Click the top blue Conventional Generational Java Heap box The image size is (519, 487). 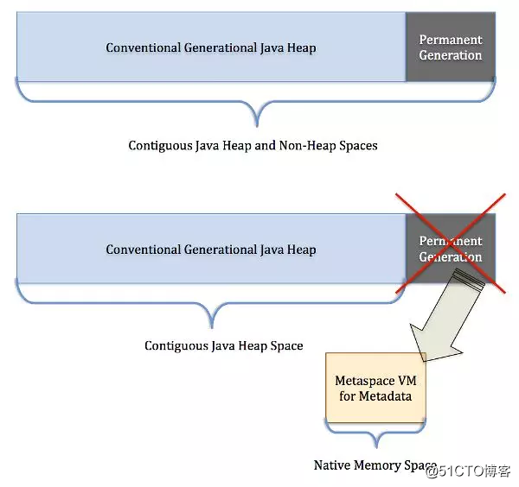tap(211, 47)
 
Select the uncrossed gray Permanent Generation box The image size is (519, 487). tap(450, 47)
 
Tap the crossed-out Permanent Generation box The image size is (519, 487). tap(450, 250)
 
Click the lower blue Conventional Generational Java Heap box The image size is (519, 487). tap(211, 250)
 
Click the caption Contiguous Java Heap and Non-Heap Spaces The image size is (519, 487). tap(253, 146)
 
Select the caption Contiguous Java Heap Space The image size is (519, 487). tap(223, 345)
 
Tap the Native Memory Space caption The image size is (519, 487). tap(375, 465)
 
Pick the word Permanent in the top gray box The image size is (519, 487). tap(450, 40)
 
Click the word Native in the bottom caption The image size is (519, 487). tap(331, 465)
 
